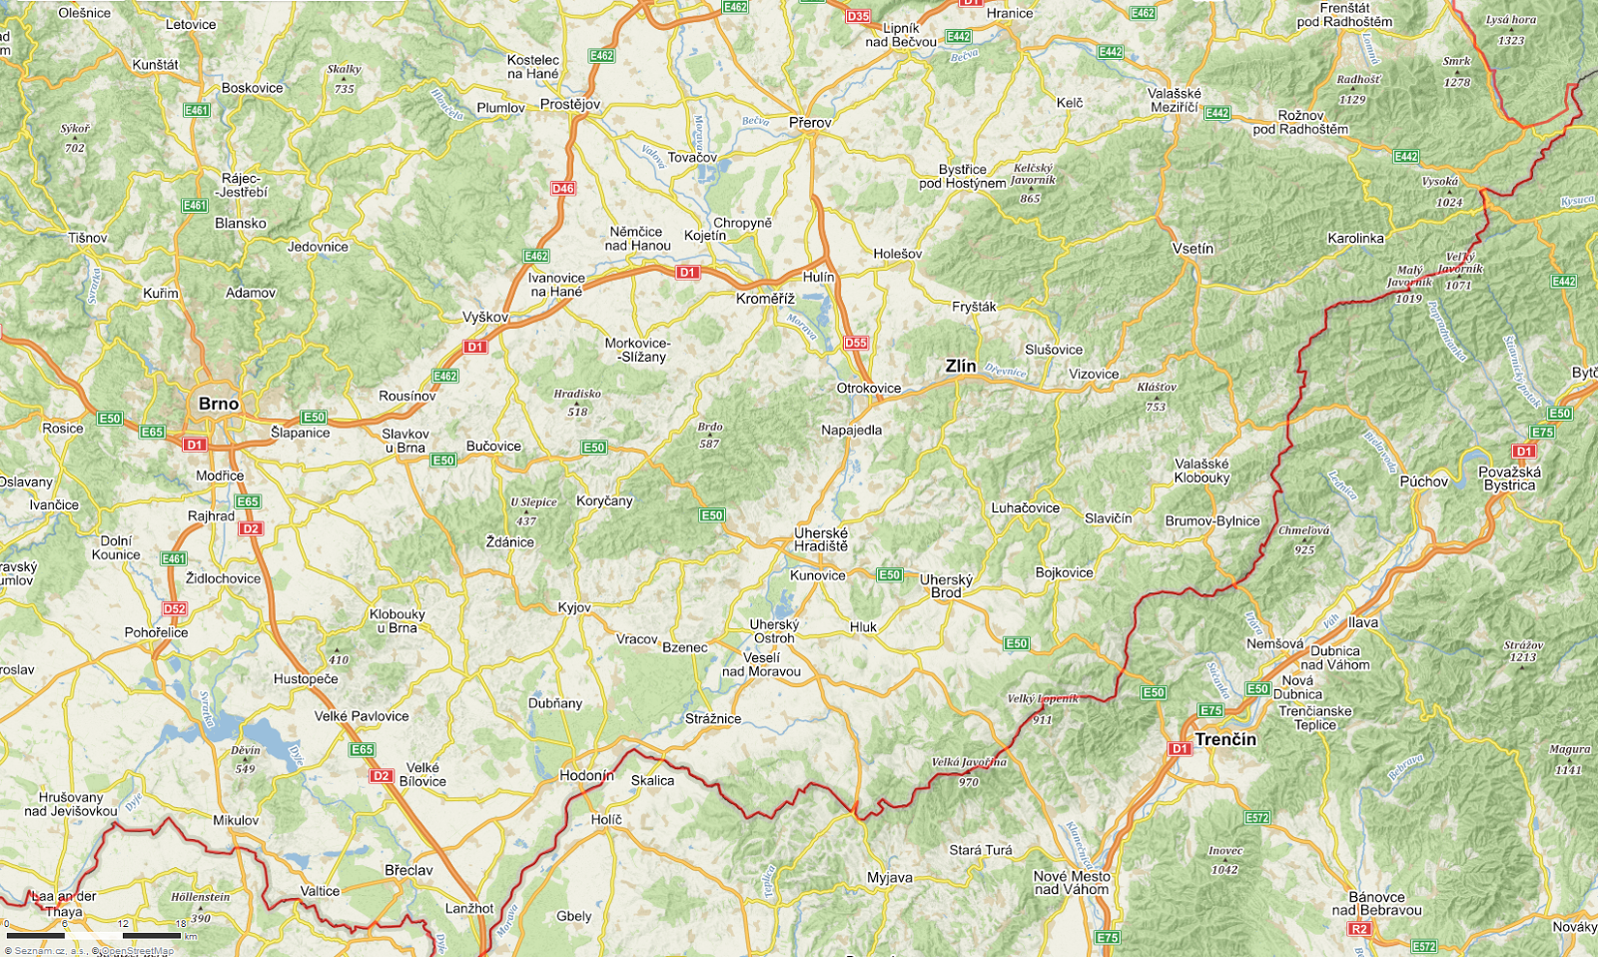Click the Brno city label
pyautogui.click(x=219, y=404)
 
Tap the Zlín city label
pyautogui.click(x=961, y=366)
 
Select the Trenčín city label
pyautogui.click(x=1225, y=739)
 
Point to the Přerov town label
pyautogui.click(x=810, y=123)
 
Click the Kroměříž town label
pyautogui.click(x=765, y=299)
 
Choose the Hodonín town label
pyautogui.click(x=587, y=775)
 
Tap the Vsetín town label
pyautogui.click(x=1194, y=248)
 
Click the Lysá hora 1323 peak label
pyautogui.click(x=1511, y=30)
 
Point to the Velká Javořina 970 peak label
pyautogui.click(x=969, y=771)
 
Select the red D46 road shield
pyautogui.click(x=563, y=188)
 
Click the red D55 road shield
pyautogui.click(x=856, y=343)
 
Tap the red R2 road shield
pyautogui.click(x=1358, y=929)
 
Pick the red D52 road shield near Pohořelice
pyautogui.click(x=175, y=608)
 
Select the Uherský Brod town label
pyautogui.click(x=946, y=585)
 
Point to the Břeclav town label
pyautogui.click(x=408, y=870)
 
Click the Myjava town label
pyautogui.click(x=889, y=878)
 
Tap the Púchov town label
pyautogui.click(x=1423, y=481)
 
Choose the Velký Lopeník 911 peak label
pyautogui.click(x=1042, y=707)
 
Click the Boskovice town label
pyautogui.click(x=252, y=88)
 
